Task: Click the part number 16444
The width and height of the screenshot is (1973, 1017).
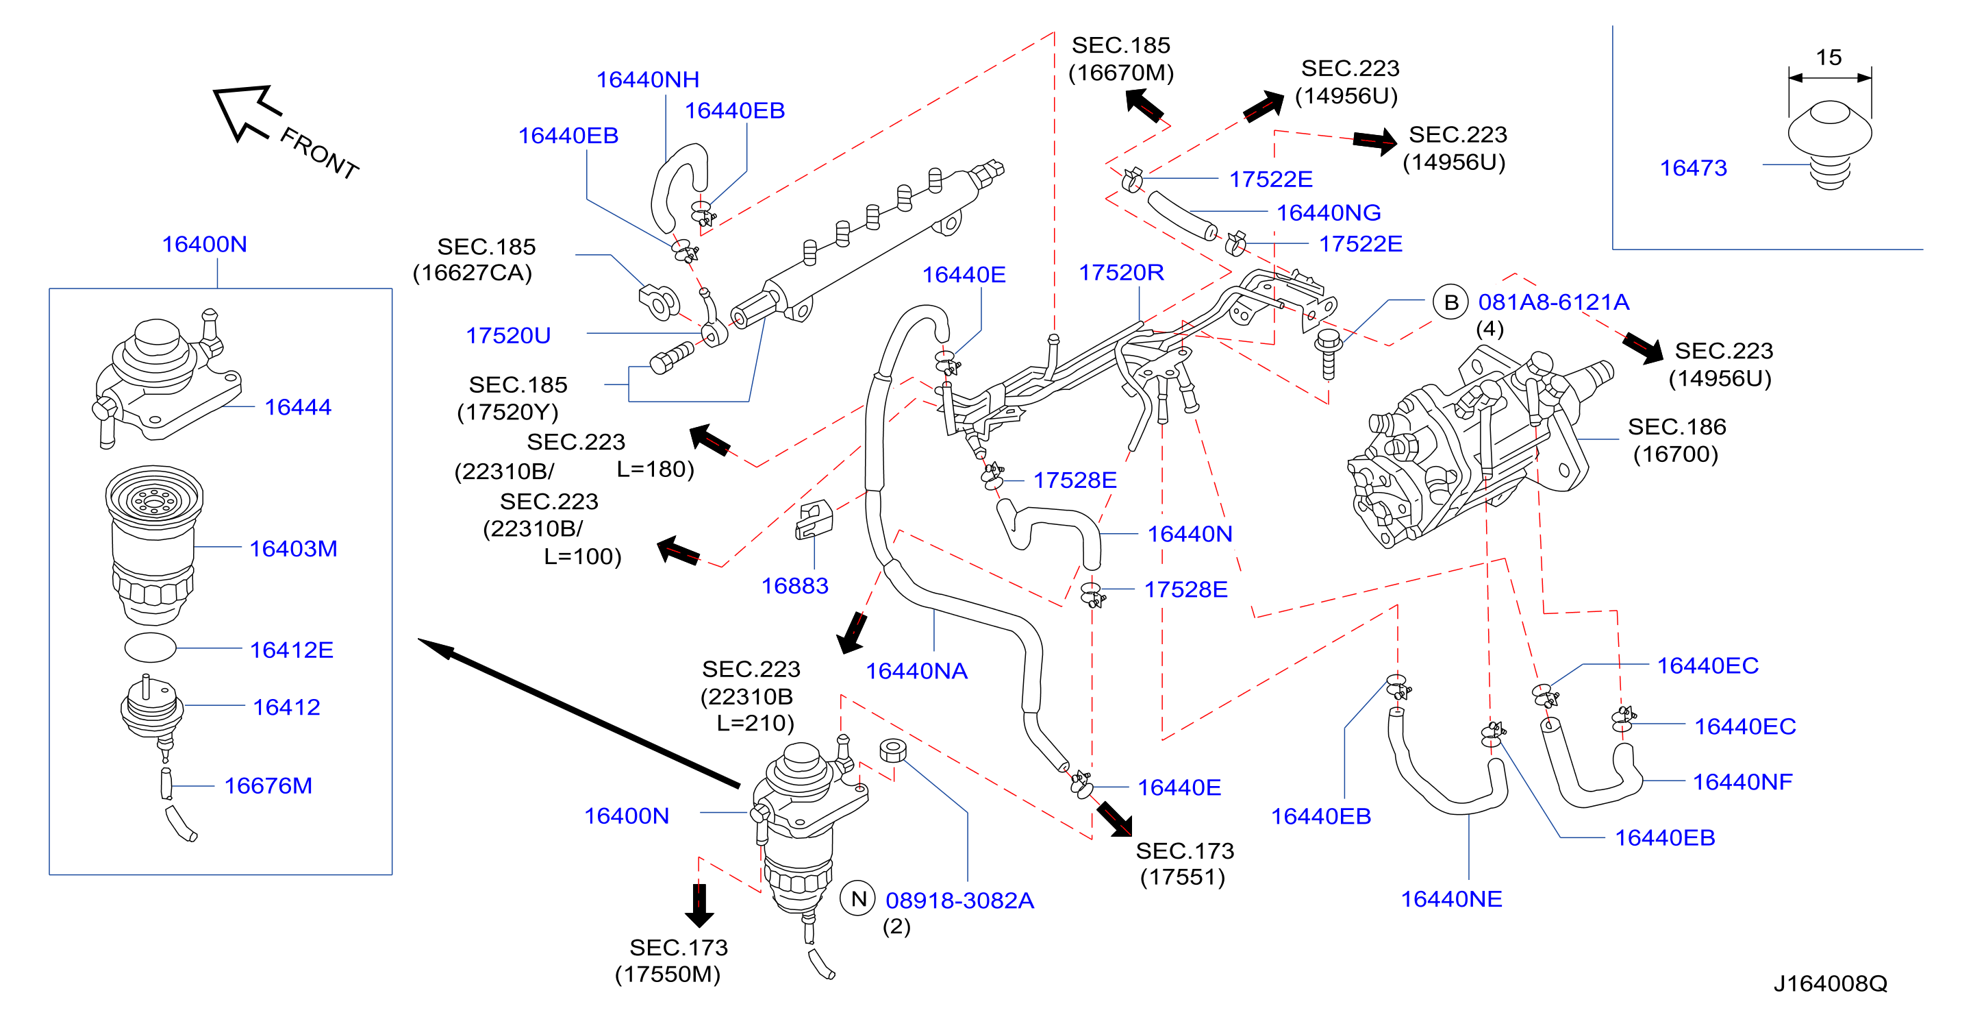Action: pyautogui.click(x=298, y=407)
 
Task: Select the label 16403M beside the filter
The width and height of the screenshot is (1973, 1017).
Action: pyautogui.click(x=293, y=549)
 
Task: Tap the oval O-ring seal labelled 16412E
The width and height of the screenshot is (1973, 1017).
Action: pyautogui.click(x=150, y=648)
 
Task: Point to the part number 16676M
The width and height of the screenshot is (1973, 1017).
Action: pyautogui.click(x=268, y=785)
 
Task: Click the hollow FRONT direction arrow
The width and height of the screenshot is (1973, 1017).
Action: pyautogui.click(x=247, y=112)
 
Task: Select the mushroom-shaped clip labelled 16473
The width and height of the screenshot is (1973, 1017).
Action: pyautogui.click(x=1830, y=145)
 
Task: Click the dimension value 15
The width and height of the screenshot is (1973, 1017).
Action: pyautogui.click(x=1829, y=58)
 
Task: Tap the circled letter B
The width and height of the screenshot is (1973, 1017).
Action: pyautogui.click(x=1450, y=302)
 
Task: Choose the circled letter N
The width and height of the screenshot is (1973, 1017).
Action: pyautogui.click(x=859, y=899)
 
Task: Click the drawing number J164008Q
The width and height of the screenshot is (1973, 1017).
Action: pyautogui.click(x=1831, y=983)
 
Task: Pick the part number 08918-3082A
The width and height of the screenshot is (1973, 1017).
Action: pyautogui.click(x=959, y=900)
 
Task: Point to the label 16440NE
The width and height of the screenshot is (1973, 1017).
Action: pyautogui.click(x=1451, y=899)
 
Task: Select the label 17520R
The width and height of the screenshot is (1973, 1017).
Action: pyautogui.click(x=1121, y=273)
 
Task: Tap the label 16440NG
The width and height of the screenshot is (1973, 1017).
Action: pyautogui.click(x=1329, y=213)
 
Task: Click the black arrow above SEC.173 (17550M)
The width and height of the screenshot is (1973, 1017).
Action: pyautogui.click(x=699, y=905)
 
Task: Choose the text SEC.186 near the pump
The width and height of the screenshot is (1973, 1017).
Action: pyautogui.click(x=1676, y=427)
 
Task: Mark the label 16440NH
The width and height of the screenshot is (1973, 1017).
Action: pyautogui.click(x=648, y=79)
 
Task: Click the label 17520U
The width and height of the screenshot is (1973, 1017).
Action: pyautogui.click(x=509, y=336)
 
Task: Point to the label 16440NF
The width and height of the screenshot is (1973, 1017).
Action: pyautogui.click(x=1742, y=782)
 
